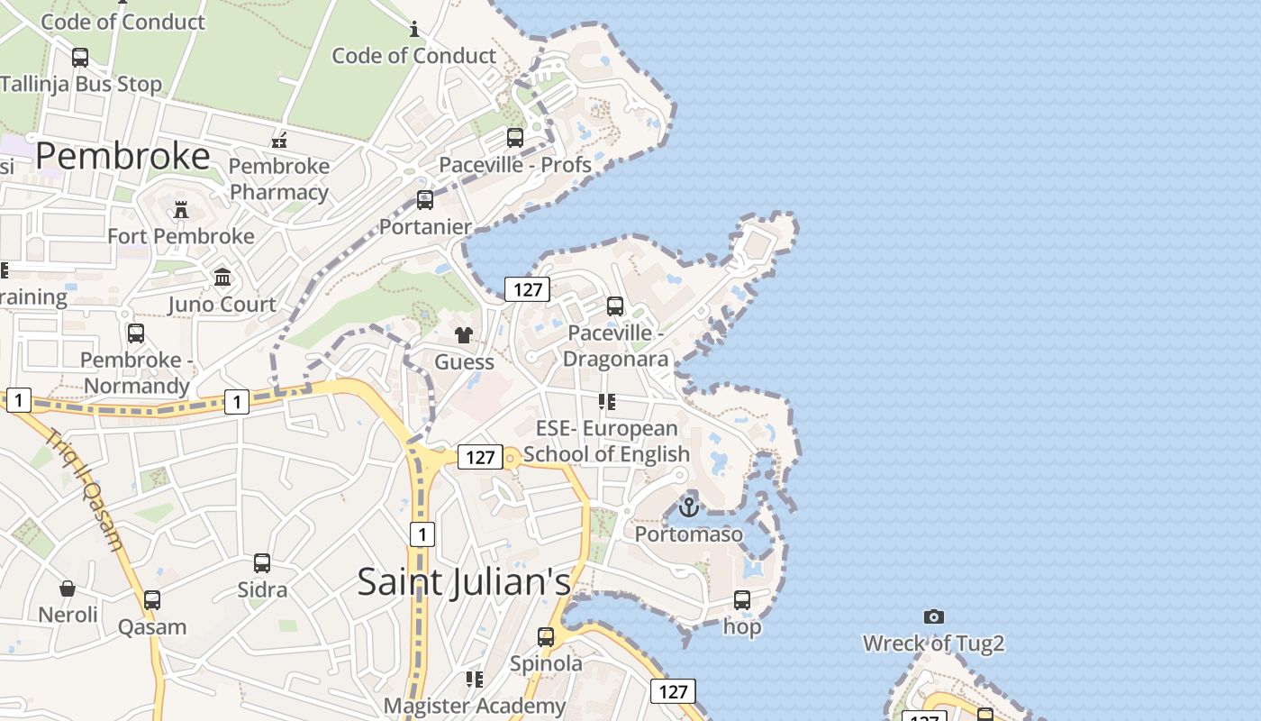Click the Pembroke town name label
point(123,156)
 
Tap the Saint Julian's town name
point(464,581)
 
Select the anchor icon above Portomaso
point(689,507)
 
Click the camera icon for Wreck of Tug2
point(934,617)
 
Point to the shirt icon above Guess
point(464,335)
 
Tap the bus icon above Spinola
point(546,637)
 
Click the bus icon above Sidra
point(262,563)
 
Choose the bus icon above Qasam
point(152,600)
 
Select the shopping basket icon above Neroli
point(68,589)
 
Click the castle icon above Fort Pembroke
point(181,210)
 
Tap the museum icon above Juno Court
point(222,277)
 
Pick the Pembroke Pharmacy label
point(279,179)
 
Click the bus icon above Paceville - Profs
point(515,138)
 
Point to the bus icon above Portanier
point(425,200)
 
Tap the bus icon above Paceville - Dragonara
point(615,306)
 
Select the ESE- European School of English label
point(606,441)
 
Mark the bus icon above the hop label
point(742,600)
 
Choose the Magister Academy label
point(475,705)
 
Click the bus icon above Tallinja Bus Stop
point(80,58)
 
